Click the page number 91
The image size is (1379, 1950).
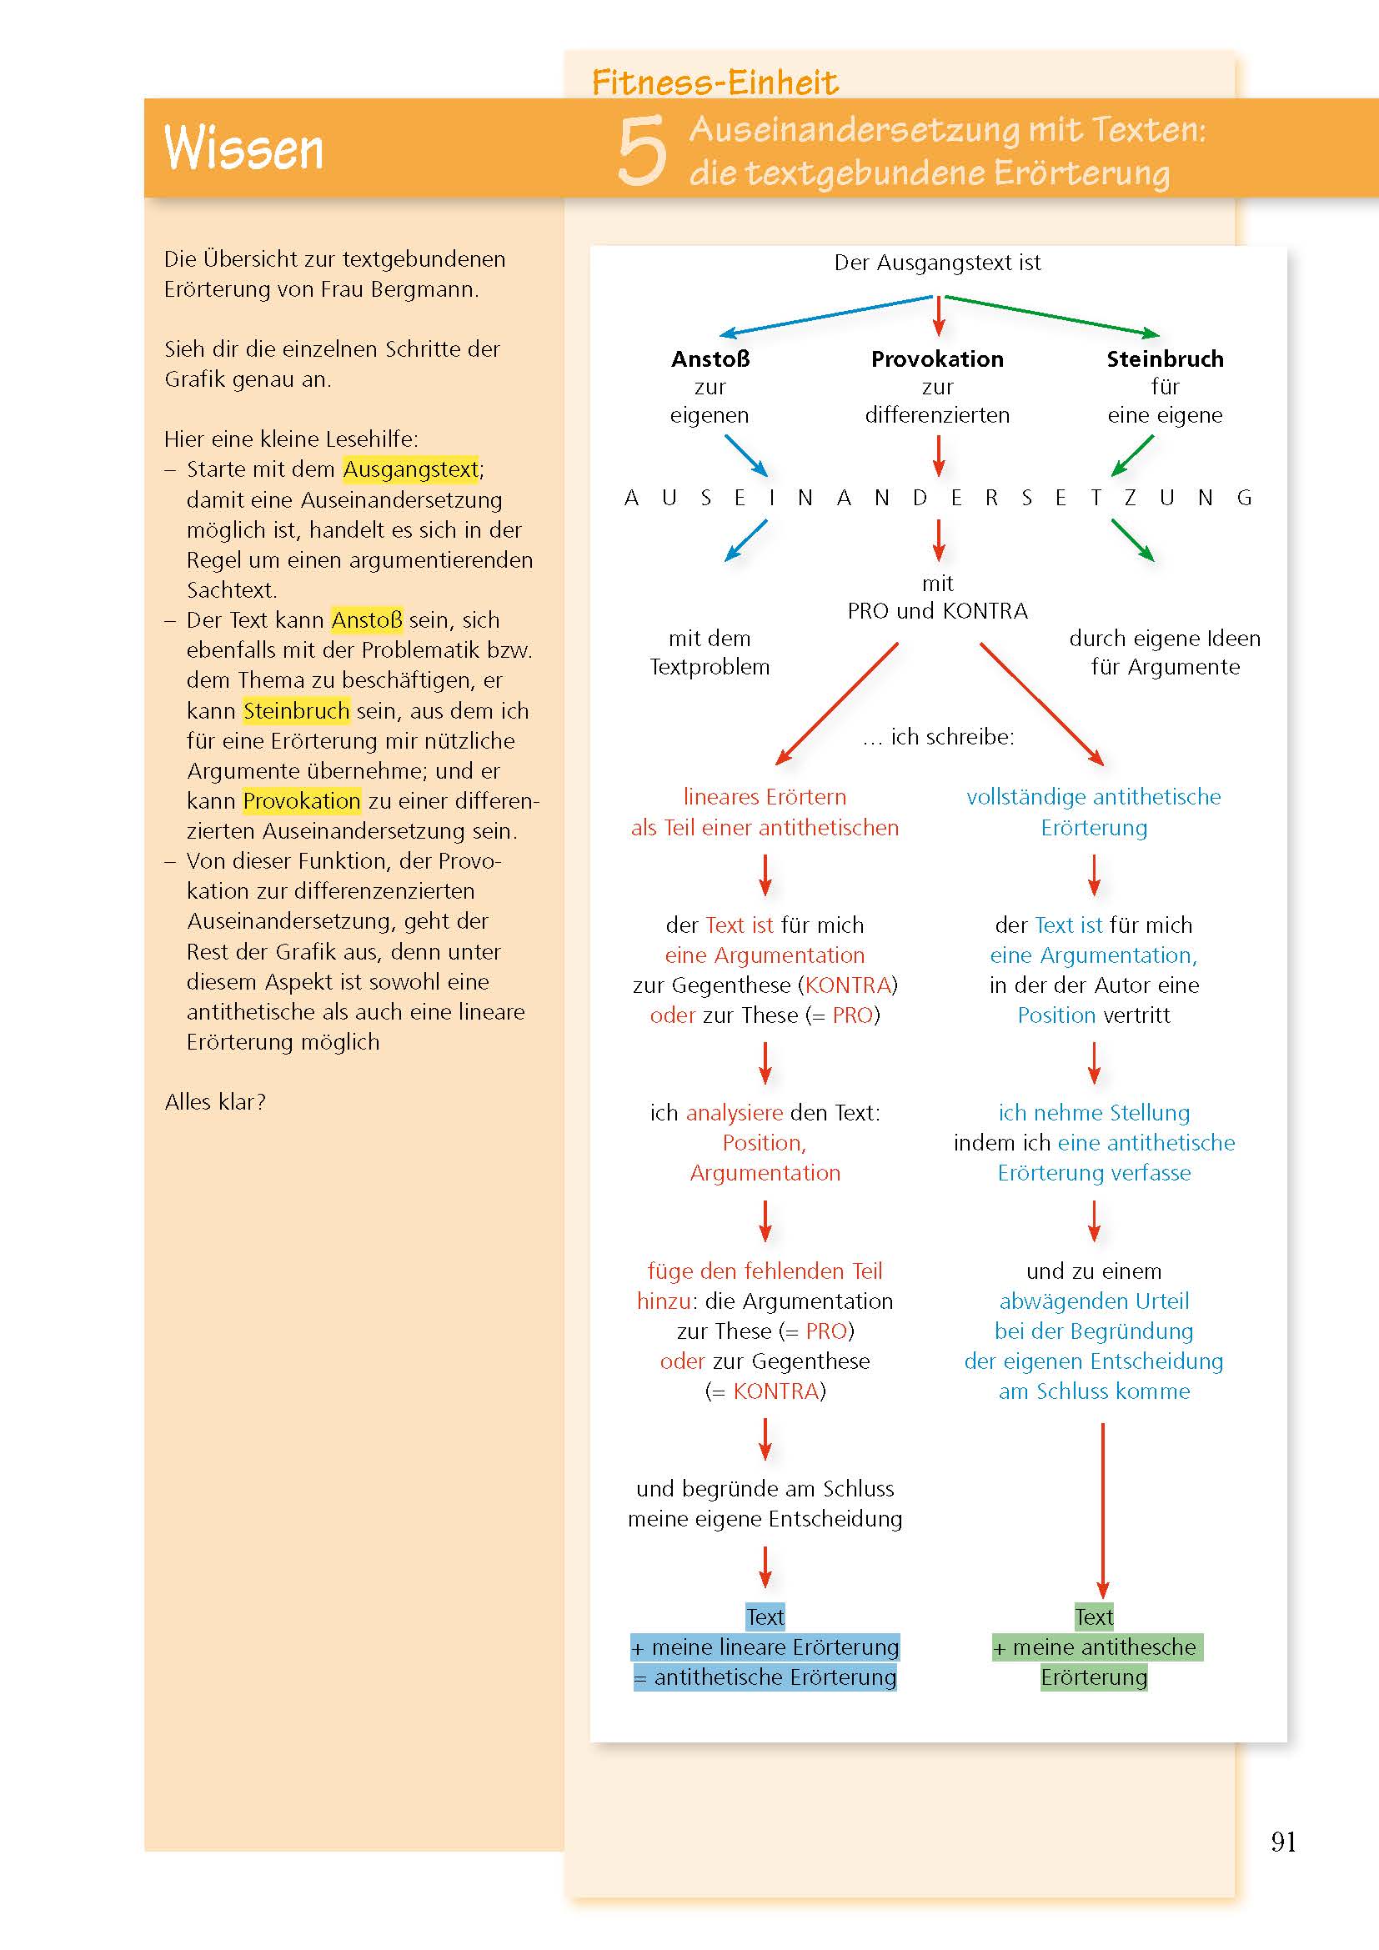[x=1283, y=1841]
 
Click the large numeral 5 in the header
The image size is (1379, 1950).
[x=641, y=151]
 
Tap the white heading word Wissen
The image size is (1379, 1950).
[x=243, y=148]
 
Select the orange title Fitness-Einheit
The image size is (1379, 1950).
[x=715, y=83]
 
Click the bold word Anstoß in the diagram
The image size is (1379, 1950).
[x=710, y=359]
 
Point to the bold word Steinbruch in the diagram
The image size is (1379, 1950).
[x=1165, y=359]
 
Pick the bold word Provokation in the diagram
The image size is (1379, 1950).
[x=937, y=359]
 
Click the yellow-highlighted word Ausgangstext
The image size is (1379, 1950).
[x=411, y=469]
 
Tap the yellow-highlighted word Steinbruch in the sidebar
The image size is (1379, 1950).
[x=296, y=710]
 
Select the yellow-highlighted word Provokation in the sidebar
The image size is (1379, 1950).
[x=302, y=800]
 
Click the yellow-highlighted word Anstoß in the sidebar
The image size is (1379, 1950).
[x=367, y=620]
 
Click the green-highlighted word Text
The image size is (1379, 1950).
[x=1094, y=1617]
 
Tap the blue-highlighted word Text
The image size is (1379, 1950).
[x=765, y=1617]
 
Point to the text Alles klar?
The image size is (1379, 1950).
[x=215, y=1101]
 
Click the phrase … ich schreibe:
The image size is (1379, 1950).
[x=938, y=737]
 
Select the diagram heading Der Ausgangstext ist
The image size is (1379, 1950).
[x=937, y=263]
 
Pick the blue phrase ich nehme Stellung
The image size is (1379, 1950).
[x=1094, y=1113]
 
